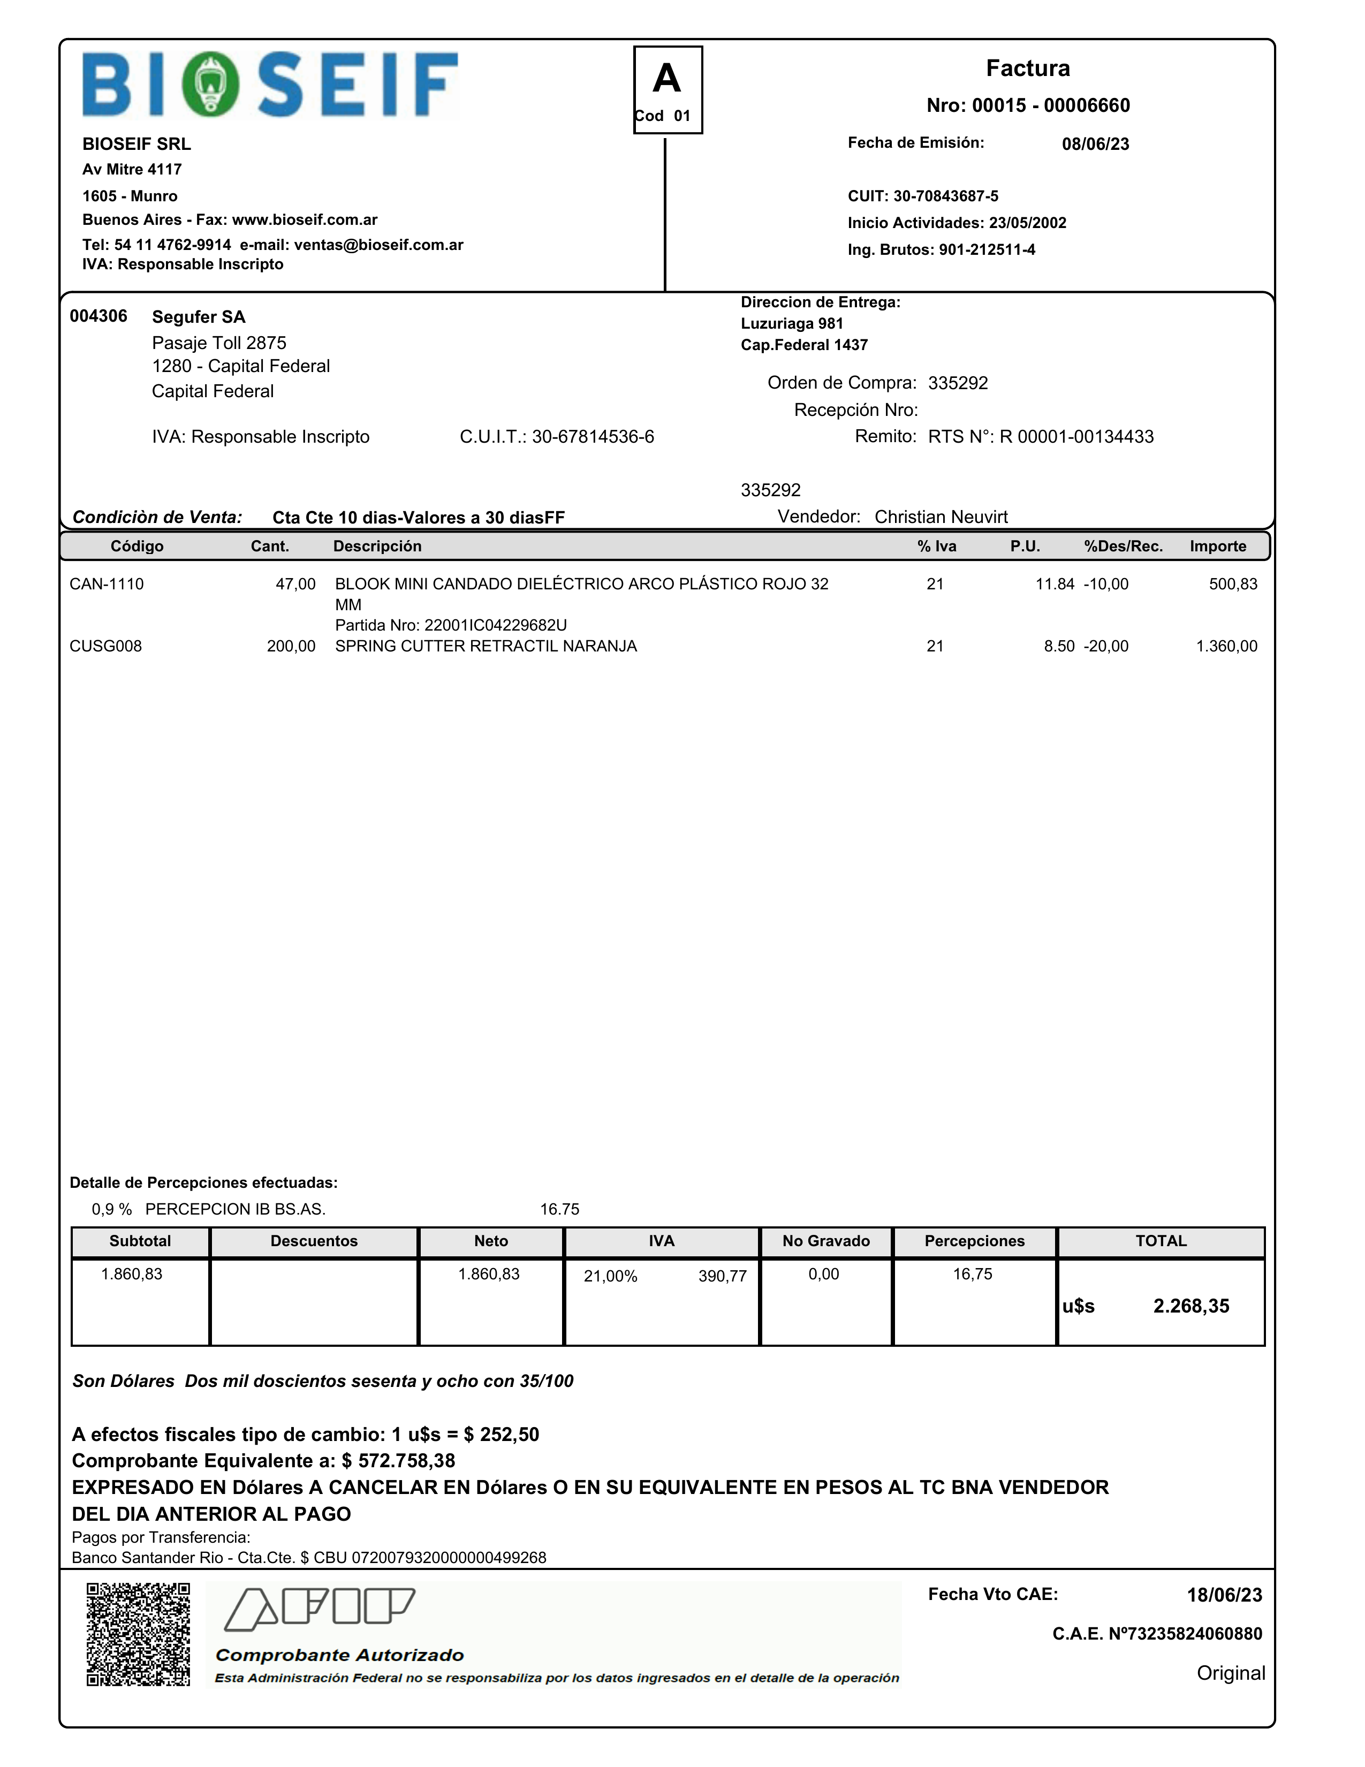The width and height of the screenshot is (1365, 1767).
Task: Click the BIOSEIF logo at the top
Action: coord(270,85)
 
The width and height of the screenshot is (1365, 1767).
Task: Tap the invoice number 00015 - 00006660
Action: coord(1050,105)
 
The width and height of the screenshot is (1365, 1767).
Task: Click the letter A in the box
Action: coord(667,79)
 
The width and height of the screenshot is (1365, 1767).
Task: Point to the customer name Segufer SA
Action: coord(198,317)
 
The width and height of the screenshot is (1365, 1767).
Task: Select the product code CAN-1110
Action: coord(106,584)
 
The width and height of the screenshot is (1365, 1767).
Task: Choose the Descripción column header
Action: coord(377,546)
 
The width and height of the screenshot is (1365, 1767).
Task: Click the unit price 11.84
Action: coord(1055,584)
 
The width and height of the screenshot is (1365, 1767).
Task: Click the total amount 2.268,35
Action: coord(1190,1306)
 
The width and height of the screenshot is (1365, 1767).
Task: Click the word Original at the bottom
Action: coord(1230,1673)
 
